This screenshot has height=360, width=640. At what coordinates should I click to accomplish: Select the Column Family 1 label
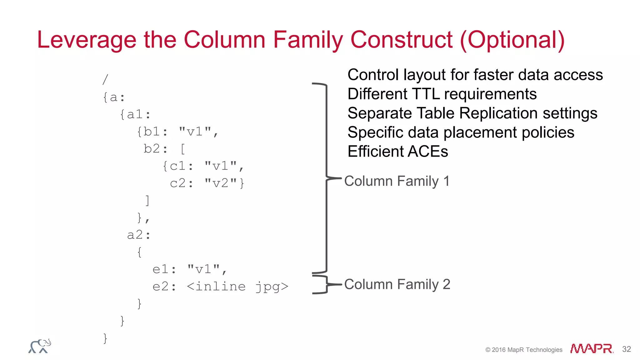tap(397, 181)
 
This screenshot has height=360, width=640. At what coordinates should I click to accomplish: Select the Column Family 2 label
tap(397, 285)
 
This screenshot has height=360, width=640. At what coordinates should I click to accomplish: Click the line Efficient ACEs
tap(397, 152)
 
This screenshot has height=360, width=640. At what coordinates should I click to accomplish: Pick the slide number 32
tap(626, 349)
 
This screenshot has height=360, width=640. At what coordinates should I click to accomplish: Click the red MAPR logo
tap(591, 348)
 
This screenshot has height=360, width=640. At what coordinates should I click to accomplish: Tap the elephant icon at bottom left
tap(40, 346)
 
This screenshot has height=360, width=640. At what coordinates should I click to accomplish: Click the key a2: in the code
tap(139, 235)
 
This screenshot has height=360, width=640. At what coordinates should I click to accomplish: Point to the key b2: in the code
tap(155, 149)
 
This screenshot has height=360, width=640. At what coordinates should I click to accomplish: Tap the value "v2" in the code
tap(221, 183)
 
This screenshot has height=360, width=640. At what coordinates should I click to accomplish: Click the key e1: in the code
tap(164, 269)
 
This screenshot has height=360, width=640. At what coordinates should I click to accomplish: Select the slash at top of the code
tap(105, 80)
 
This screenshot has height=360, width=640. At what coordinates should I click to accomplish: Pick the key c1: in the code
tap(181, 166)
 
